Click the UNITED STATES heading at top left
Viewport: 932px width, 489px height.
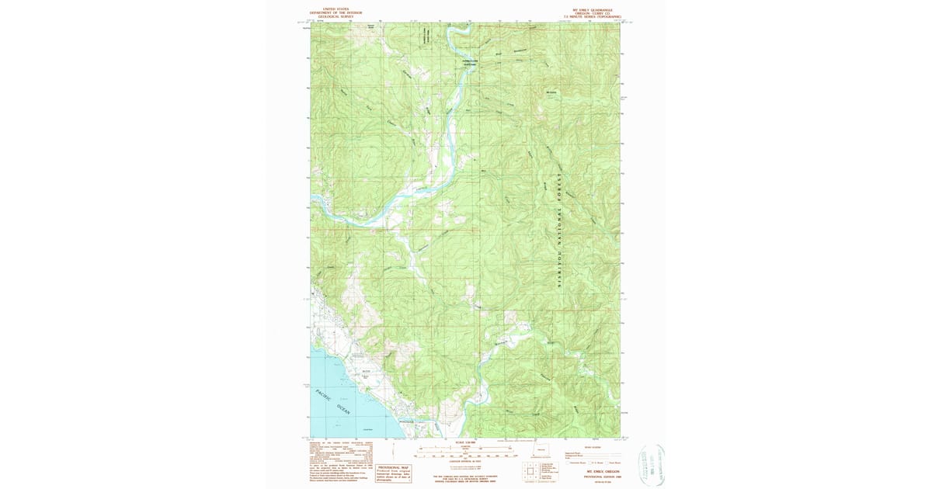[x=331, y=10]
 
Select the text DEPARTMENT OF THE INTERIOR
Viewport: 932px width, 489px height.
[x=331, y=13]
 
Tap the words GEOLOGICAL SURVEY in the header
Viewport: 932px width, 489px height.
[x=331, y=16]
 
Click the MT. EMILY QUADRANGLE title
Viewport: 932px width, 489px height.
[x=597, y=10]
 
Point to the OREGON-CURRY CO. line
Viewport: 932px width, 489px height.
[x=597, y=13]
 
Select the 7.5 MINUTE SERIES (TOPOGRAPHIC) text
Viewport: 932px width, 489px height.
[x=597, y=16]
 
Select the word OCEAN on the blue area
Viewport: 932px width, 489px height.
[x=343, y=408]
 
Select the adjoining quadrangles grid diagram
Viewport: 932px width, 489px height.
[x=530, y=470]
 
